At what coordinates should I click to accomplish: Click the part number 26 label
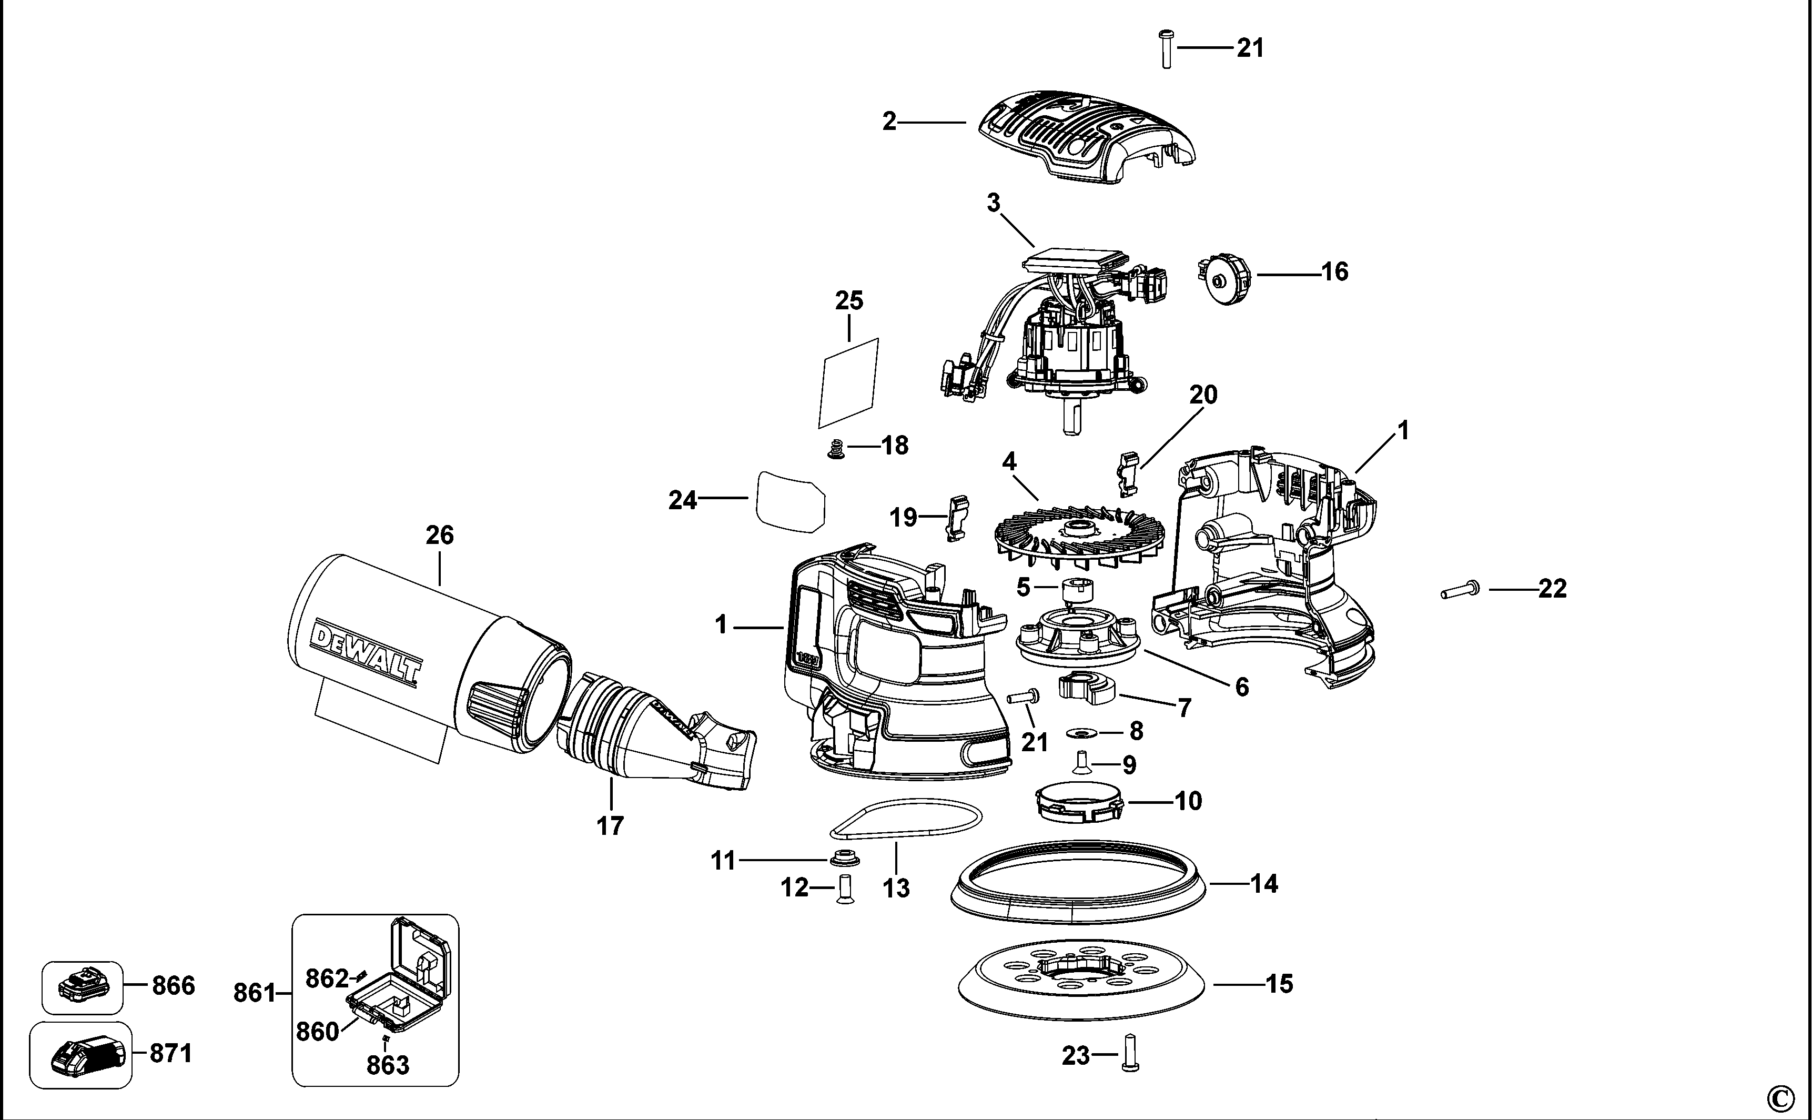click(x=439, y=535)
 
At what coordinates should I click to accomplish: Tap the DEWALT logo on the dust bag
click(x=366, y=653)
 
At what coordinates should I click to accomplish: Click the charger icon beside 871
click(x=80, y=1055)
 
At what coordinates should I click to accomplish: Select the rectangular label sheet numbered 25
click(x=848, y=383)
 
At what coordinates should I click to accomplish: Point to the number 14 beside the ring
click(x=1263, y=884)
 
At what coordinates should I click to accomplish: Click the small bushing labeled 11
click(x=841, y=859)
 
